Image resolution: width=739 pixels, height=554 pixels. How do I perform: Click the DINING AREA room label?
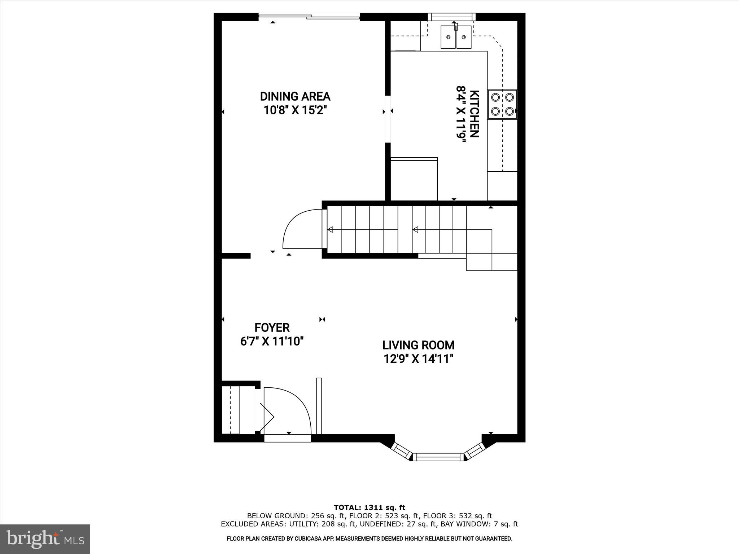(x=295, y=96)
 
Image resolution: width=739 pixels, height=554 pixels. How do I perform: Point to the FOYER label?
(x=272, y=327)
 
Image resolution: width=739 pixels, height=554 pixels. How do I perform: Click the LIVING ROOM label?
(x=418, y=345)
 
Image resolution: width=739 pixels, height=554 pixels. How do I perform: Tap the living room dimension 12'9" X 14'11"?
(x=418, y=359)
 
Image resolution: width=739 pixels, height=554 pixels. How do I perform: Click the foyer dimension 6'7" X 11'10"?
(x=272, y=341)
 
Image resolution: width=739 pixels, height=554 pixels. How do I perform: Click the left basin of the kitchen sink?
(x=448, y=37)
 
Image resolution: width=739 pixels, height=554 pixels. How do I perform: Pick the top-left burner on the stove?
(x=496, y=97)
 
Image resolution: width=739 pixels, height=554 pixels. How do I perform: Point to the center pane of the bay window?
(x=439, y=457)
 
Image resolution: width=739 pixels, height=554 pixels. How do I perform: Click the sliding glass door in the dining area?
(x=310, y=16)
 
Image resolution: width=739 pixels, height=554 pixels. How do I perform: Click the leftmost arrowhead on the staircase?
(x=330, y=229)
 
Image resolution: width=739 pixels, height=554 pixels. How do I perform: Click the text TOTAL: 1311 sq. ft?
(x=369, y=508)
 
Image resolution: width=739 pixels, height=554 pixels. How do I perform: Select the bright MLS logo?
(x=45, y=539)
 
